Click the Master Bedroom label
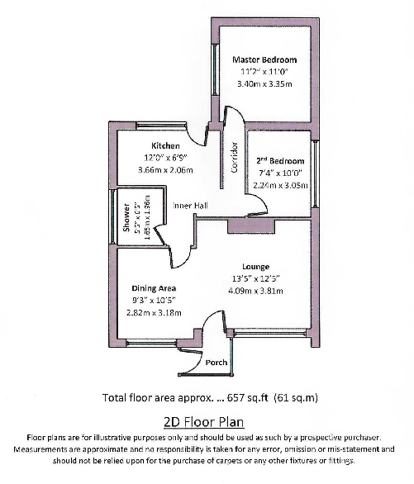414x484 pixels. [264, 60]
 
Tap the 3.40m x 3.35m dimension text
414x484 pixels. [264, 83]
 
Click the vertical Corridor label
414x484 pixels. [235, 156]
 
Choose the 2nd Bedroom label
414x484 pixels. [278, 159]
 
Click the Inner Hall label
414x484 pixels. [188, 205]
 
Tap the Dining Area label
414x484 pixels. [155, 288]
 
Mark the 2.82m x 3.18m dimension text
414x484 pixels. [155, 313]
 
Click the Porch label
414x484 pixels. [217, 362]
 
